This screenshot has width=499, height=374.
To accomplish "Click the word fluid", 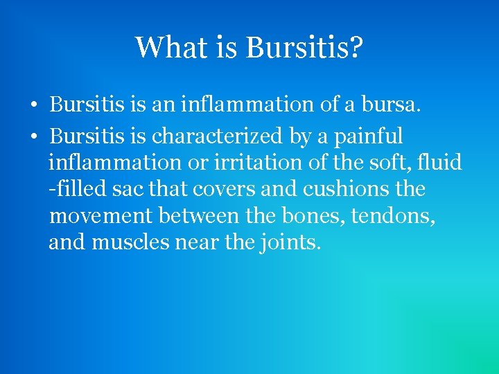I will [x=440, y=163].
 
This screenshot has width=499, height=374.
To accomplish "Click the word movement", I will [x=100, y=217].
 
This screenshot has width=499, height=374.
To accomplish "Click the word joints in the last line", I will [x=290, y=244].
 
